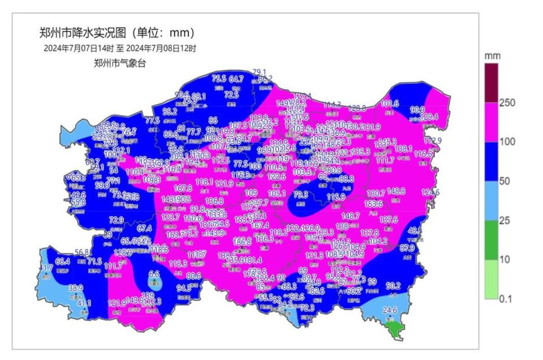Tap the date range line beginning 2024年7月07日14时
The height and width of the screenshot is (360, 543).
(x=120, y=49)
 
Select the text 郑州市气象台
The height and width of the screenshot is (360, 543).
(x=120, y=63)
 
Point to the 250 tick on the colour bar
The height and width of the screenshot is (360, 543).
(x=507, y=103)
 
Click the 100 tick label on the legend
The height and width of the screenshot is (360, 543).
(x=507, y=142)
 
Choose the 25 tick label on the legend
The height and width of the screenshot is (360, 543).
(x=505, y=220)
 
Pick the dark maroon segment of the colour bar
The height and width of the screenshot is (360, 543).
(x=491, y=83)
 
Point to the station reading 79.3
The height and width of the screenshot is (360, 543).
(x=301, y=195)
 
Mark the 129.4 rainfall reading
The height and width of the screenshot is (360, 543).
(x=430, y=117)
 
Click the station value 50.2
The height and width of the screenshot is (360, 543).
(x=393, y=286)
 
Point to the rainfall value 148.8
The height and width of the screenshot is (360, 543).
(x=396, y=191)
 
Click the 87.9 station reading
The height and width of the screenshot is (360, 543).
(x=407, y=247)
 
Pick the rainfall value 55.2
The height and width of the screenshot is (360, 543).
(x=170, y=112)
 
